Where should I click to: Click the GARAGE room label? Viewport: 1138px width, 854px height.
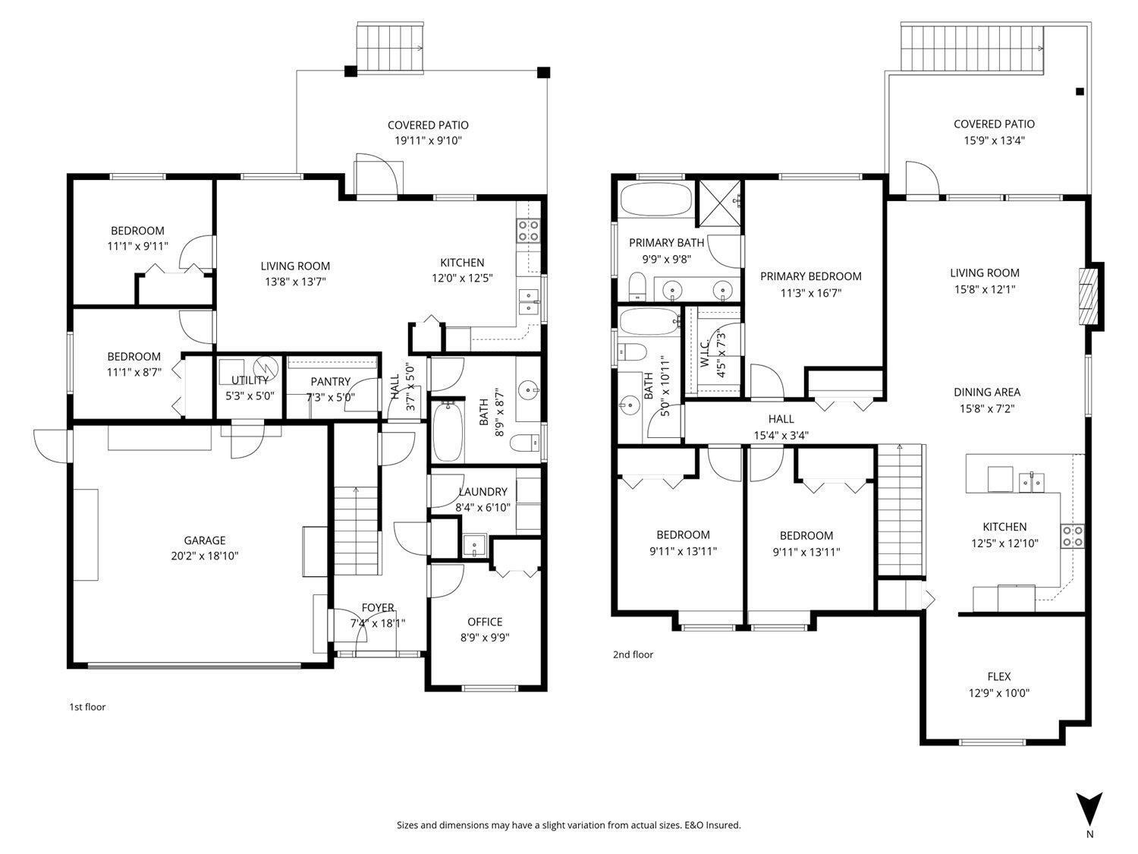[x=204, y=540]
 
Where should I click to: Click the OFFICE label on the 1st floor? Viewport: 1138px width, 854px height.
[x=485, y=622]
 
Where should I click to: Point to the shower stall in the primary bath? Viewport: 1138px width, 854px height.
[x=719, y=203]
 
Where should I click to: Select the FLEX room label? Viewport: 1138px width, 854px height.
[x=998, y=676]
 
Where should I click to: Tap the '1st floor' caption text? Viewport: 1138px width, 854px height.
[x=87, y=707]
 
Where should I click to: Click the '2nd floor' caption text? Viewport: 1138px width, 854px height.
[x=633, y=654]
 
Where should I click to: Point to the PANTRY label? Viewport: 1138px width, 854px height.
[x=330, y=381]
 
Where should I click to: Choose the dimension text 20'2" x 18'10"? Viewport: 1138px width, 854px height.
[x=204, y=556]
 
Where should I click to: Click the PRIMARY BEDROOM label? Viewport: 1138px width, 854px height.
[x=810, y=276]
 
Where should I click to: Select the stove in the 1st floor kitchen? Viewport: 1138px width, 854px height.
[x=528, y=231]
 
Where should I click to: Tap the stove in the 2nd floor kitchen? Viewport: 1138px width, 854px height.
[x=1072, y=537]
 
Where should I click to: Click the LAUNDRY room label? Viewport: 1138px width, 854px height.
[x=483, y=492]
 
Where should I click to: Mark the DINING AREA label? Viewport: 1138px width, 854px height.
[x=986, y=392]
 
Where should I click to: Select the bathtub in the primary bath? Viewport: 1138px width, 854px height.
[x=655, y=200]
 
